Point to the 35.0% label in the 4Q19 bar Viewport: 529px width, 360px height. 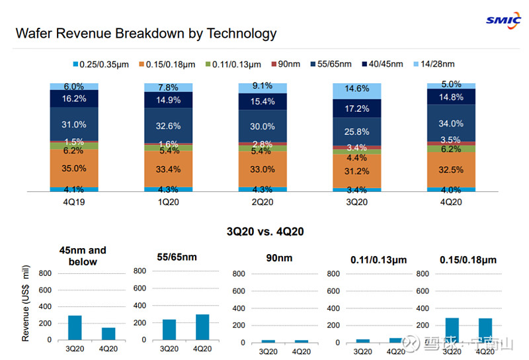[x=74, y=168]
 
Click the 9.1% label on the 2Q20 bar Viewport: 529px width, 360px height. [x=263, y=86]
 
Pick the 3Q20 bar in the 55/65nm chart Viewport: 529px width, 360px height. [x=169, y=330]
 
